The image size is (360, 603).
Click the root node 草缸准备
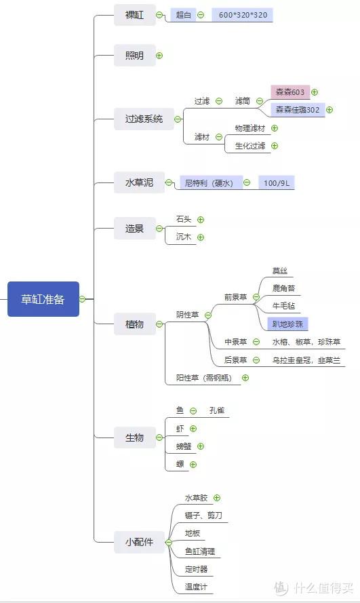(x=43, y=299)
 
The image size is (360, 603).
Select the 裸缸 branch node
(x=134, y=15)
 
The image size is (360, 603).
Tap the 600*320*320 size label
(x=243, y=15)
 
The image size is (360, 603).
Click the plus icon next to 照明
(x=159, y=56)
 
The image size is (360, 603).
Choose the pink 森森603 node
(x=290, y=92)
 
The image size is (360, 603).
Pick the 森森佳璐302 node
(x=298, y=110)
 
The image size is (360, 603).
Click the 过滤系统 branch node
(x=144, y=119)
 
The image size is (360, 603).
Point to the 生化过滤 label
(x=250, y=146)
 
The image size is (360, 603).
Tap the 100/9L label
(x=277, y=182)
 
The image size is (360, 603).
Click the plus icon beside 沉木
(x=201, y=237)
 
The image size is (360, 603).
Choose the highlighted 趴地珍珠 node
(x=287, y=324)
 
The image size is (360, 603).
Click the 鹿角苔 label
(x=283, y=288)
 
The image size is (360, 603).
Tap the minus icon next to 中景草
(x=256, y=341)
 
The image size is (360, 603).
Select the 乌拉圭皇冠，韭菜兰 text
(x=306, y=360)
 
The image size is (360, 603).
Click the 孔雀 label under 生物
(x=217, y=410)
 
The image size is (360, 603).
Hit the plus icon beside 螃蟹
(x=201, y=446)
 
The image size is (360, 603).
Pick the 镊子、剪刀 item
(x=203, y=515)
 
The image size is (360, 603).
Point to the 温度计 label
(x=196, y=587)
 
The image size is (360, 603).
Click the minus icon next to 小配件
(x=168, y=542)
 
